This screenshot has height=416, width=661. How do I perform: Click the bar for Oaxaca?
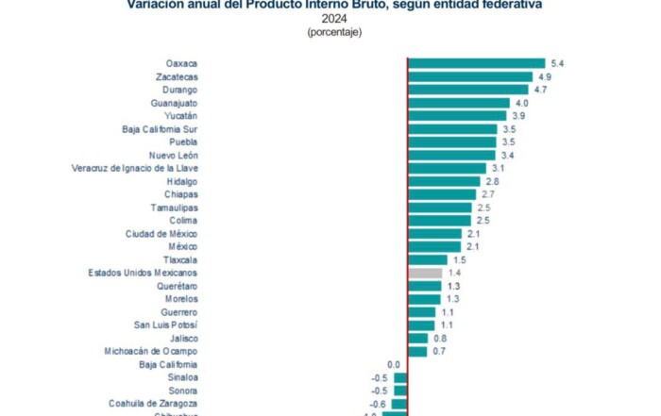tap(476, 63)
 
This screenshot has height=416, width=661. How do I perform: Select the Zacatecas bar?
tap(470, 76)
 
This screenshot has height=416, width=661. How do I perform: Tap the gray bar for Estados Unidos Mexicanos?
tap(425, 273)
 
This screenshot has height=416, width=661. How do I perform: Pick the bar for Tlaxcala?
tap(427, 259)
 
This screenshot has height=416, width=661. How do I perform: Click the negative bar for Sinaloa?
tap(400, 377)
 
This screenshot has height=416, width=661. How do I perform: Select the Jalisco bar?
tap(417, 338)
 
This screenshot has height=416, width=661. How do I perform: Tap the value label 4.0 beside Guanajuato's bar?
tap(521, 103)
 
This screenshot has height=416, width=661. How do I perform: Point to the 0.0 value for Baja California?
tap(394, 364)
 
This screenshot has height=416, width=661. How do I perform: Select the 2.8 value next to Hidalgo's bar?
tap(492, 181)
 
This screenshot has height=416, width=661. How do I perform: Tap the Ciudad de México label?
tap(161, 233)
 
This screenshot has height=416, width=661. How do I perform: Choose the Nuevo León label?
tap(173, 155)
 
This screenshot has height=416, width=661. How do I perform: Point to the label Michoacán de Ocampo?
tap(151, 351)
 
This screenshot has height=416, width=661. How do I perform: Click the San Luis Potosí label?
tap(165, 324)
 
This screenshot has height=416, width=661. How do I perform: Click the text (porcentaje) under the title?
tap(333, 32)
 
